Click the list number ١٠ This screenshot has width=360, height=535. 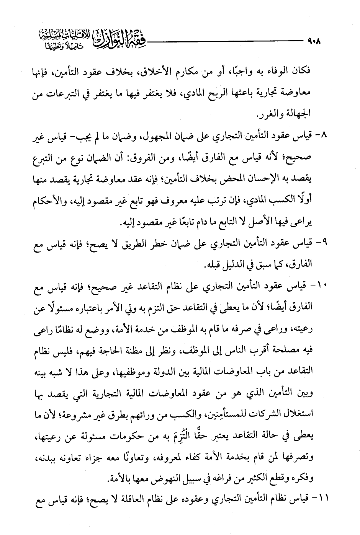317,285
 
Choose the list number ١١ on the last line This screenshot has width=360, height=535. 317,498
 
